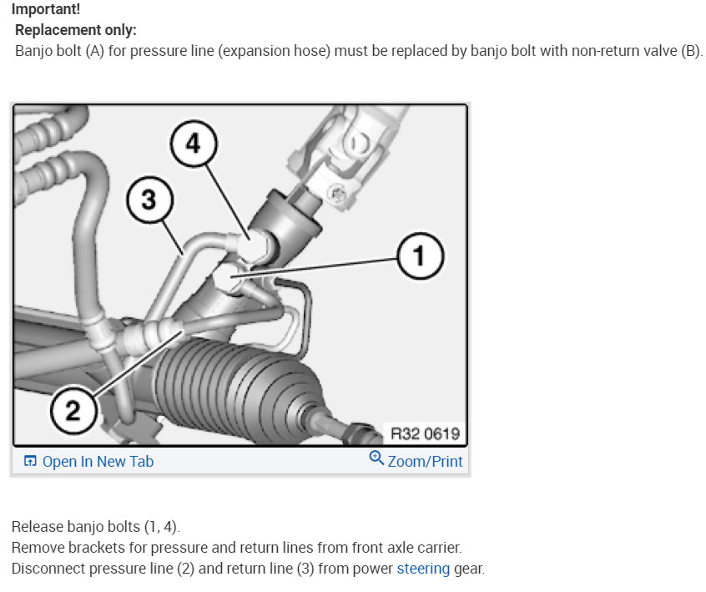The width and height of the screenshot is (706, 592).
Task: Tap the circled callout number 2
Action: pyautogui.click(x=74, y=410)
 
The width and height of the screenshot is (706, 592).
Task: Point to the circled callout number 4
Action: pyautogui.click(x=193, y=144)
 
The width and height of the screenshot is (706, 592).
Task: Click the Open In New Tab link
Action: pyautogui.click(x=98, y=461)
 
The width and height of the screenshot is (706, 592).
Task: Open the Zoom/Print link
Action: pyautogui.click(x=425, y=461)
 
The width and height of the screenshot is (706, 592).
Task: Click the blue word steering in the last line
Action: pyautogui.click(x=423, y=569)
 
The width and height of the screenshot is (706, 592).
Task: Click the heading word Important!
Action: pyautogui.click(x=46, y=10)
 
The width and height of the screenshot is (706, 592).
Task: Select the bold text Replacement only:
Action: pyautogui.click(x=76, y=30)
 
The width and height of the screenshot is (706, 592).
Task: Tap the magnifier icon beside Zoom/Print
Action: pyautogui.click(x=376, y=459)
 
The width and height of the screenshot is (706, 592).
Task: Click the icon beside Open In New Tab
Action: pyautogui.click(x=30, y=461)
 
